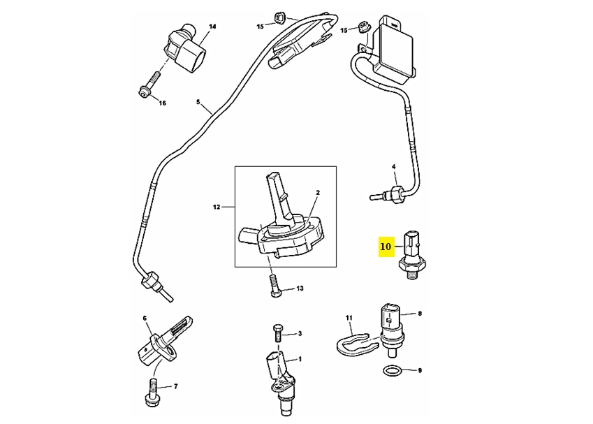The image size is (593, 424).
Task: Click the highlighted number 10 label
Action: pos(386,246)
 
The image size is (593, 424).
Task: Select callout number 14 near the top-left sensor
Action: pos(212,27)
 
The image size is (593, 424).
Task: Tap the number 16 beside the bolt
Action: pos(162,103)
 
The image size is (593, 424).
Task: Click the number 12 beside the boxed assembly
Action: pos(217,207)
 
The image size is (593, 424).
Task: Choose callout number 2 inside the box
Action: pos(317,192)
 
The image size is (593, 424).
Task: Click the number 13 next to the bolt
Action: pos(300,288)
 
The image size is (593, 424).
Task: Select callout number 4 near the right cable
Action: pos(393,166)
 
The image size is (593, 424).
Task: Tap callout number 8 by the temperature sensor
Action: pos(420,314)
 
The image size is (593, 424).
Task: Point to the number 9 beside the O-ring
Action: pos(420,370)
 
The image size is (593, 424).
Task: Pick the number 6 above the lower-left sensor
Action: pos(145,319)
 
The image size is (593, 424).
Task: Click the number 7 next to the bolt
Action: pos(175,386)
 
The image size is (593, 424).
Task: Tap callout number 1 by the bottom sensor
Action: pos(300,359)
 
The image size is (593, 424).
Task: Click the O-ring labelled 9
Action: pos(393,369)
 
